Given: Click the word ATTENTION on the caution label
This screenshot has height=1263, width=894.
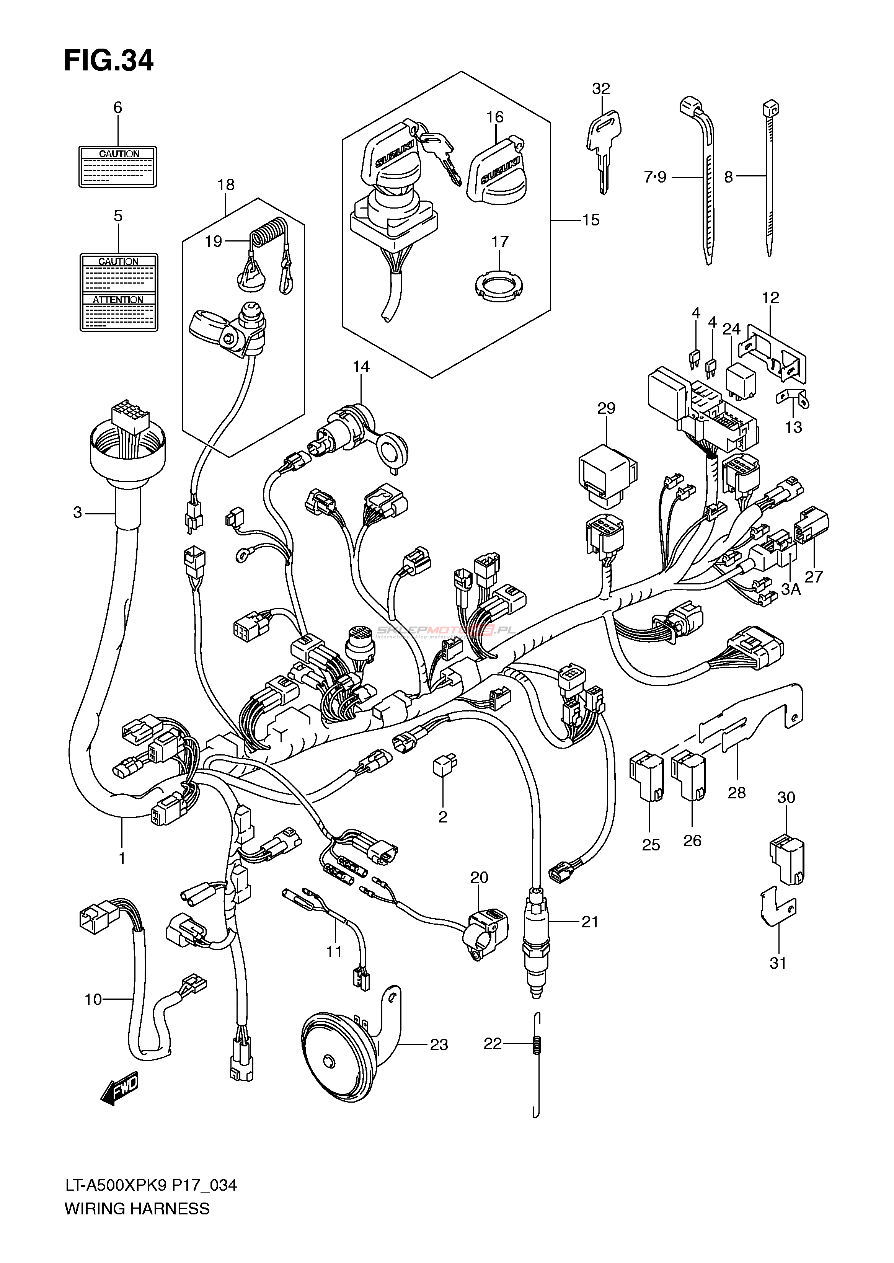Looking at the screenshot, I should click(x=118, y=300).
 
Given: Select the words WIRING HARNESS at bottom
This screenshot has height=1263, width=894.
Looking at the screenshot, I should click(x=137, y=1224).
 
